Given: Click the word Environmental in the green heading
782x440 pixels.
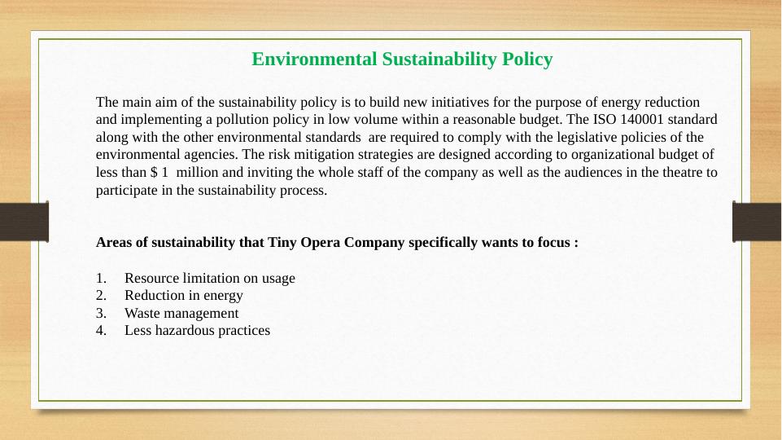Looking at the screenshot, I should [303, 59].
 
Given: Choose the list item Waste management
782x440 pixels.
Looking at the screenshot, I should [181, 313].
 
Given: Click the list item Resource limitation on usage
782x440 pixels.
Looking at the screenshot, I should [210, 278].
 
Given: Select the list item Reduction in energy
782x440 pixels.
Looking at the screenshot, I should [183, 295].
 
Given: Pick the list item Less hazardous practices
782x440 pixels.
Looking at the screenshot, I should [197, 330].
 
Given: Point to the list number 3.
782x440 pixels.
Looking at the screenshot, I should [100, 313].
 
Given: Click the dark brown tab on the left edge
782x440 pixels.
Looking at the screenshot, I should [24, 222].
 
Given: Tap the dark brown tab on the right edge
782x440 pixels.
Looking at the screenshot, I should [757, 222].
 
